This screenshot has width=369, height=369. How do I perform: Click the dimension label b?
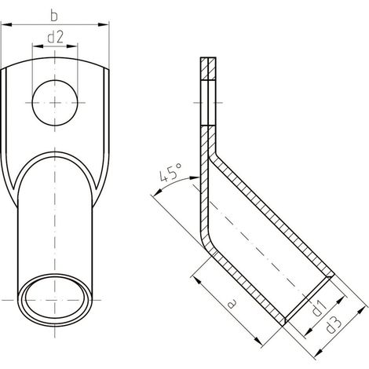pos(54,16)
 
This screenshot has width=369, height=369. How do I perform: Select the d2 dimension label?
pos(55,37)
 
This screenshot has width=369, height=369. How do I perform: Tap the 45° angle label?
pos(171,173)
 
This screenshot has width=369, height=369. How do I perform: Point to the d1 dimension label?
pos(320,308)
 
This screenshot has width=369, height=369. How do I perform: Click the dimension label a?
pos(232,304)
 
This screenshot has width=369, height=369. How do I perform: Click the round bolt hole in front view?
pos(55,103)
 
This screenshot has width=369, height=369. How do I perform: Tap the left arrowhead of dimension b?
pos(6,24)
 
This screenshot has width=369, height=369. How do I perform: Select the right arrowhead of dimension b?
pos(103,24)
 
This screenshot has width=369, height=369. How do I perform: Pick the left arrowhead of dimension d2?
pos(38,46)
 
